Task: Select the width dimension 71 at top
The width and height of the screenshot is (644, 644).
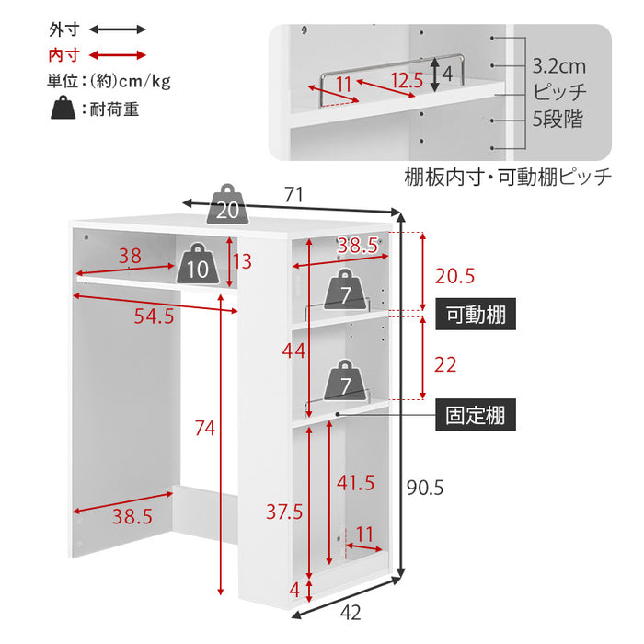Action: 293,194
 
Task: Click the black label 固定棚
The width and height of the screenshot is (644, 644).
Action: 475,415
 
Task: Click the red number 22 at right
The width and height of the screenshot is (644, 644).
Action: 445,364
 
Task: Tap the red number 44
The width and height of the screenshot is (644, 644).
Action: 293,350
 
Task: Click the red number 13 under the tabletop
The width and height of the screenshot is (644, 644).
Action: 242,261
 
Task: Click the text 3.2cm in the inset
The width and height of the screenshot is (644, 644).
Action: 558,66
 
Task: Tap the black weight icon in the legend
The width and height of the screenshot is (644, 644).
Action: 64,109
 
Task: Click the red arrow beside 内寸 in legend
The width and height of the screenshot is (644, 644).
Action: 116,54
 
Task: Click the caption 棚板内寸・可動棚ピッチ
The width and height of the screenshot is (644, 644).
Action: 507,177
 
